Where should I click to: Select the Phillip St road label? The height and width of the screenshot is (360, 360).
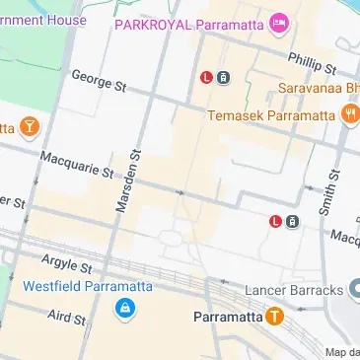[313, 63]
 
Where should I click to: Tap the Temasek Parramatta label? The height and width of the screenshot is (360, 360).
[272, 115]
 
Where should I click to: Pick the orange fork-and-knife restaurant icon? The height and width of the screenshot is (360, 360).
[350, 115]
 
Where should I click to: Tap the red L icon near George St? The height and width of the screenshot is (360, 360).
[206, 77]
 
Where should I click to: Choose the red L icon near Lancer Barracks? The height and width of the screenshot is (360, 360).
[275, 221]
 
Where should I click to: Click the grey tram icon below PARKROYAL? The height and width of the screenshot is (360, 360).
[224, 77]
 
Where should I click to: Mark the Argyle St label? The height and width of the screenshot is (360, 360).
[66, 263]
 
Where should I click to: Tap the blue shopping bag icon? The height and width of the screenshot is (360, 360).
[124, 310]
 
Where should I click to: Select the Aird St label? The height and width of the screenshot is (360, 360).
[67, 317]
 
